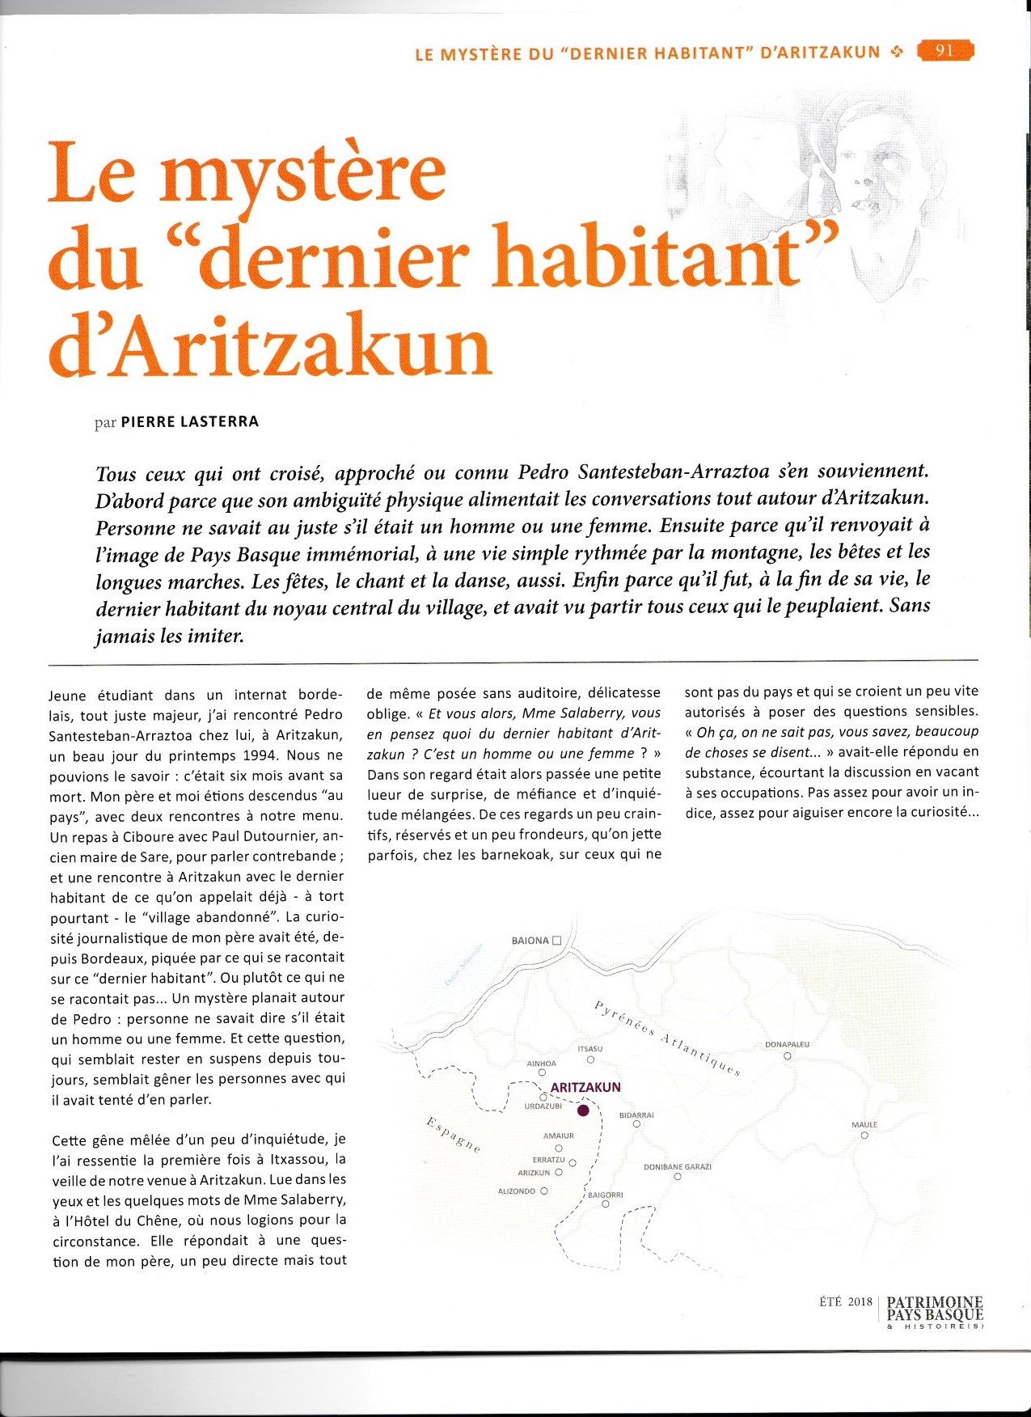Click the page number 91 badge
[945, 51]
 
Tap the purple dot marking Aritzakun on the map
[583, 1110]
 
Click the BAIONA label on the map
[530, 941]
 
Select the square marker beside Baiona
[556, 941]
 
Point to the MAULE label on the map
[864, 1124]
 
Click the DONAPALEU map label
[787, 1044]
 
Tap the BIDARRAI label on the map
[636, 1115]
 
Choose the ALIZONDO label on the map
[518, 1191]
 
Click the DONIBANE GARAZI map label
[677, 1167]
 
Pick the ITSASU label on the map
[590, 1049]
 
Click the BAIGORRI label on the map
[605, 1195]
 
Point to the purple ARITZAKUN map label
[585, 1088]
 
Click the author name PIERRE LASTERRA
[189, 421]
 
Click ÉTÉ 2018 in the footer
[846, 1301]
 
